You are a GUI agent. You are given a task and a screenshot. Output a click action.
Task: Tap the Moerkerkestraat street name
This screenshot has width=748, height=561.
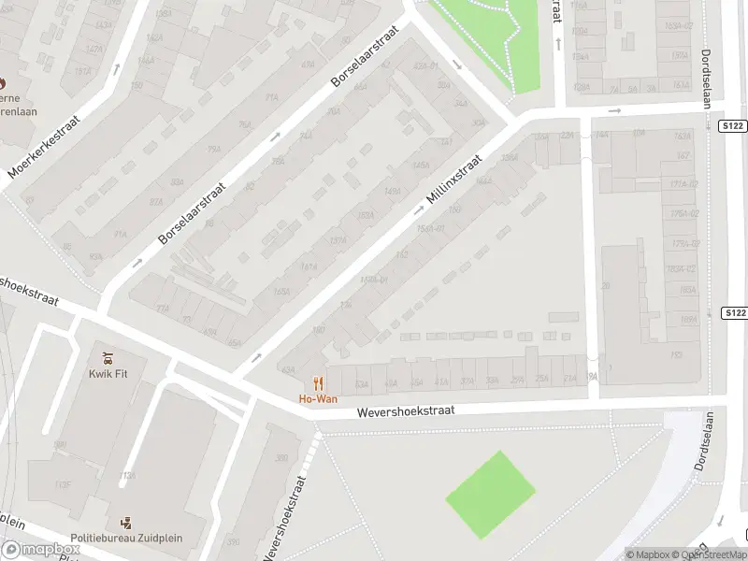tap(43, 147)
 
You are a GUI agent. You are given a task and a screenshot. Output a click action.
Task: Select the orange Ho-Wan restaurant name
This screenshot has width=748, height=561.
tap(318, 399)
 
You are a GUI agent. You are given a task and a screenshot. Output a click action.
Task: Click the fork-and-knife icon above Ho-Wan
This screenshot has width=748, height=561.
tap(318, 382)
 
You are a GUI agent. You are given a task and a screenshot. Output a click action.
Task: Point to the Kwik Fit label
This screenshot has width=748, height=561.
tap(108, 374)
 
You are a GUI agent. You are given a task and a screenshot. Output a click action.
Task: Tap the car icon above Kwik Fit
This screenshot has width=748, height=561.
tap(108, 357)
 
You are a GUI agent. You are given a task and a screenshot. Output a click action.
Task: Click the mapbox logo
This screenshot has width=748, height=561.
tap(38, 550)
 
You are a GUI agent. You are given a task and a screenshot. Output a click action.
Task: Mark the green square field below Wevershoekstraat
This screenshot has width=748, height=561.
tap(489, 494)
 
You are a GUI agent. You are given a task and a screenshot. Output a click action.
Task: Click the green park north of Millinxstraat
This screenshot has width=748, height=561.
tap(486, 37)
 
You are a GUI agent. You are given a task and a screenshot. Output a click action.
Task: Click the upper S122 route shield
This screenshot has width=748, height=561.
tap(734, 125)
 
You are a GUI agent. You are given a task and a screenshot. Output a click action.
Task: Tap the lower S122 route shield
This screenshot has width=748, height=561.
tap(735, 312)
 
